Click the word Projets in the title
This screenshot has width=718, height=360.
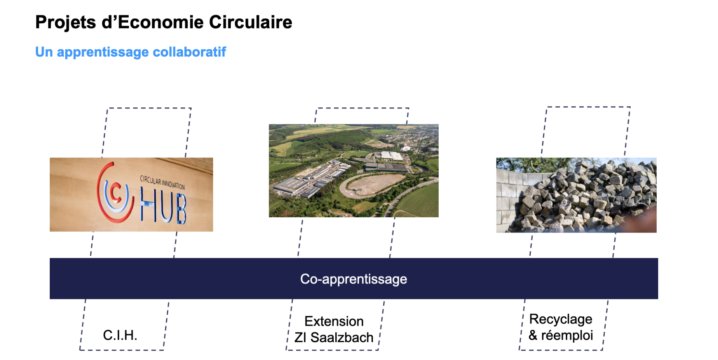tap(66, 23)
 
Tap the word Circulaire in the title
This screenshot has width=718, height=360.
tap(251, 22)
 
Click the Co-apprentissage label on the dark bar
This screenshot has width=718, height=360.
tap(354, 279)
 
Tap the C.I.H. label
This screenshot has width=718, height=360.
tap(120, 335)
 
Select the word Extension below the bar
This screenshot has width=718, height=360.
tap(334, 321)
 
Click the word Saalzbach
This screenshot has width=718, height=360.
tap(342, 337)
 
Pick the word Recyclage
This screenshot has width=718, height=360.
tap(561, 320)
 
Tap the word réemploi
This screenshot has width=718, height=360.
tap(567, 335)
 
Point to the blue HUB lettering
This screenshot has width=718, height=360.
tap(163, 205)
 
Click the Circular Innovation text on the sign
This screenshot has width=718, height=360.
tap(162, 182)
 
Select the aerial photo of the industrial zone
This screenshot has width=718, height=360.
tap(354, 171)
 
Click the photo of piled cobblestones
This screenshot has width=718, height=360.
tap(576, 195)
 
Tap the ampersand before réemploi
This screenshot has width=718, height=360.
tap(533, 335)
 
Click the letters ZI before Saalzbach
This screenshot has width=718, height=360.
tap(300, 337)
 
